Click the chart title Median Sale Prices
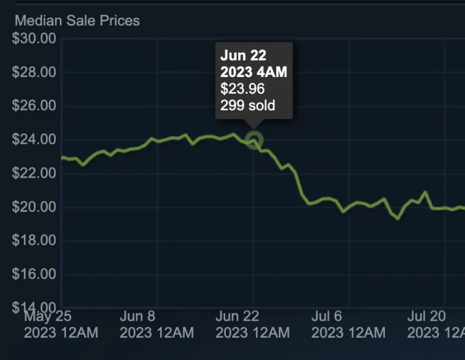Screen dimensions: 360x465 click(x=77, y=21)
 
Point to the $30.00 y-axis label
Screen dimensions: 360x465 click(x=34, y=39)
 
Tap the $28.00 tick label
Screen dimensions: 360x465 click(x=34, y=73)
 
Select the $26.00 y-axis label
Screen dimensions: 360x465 click(x=34, y=106)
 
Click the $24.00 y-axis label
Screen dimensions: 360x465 click(x=34, y=140)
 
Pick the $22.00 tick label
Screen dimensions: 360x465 click(x=34, y=174)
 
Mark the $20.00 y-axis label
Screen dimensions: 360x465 click(x=34, y=207)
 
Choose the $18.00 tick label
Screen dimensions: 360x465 click(x=34, y=241)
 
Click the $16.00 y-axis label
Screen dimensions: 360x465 click(x=34, y=275)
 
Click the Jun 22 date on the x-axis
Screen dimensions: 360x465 click(x=237, y=316)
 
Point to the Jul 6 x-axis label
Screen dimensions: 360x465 click(x=327, y=316)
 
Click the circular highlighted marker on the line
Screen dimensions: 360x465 click(x=255, y=141)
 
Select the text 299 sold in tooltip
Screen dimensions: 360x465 click(x=247, y=105)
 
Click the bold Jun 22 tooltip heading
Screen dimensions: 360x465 click(x=243, y=55)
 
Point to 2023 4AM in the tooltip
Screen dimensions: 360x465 click(x=253, y=72)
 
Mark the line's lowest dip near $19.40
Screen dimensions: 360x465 click(x=397, y=218)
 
